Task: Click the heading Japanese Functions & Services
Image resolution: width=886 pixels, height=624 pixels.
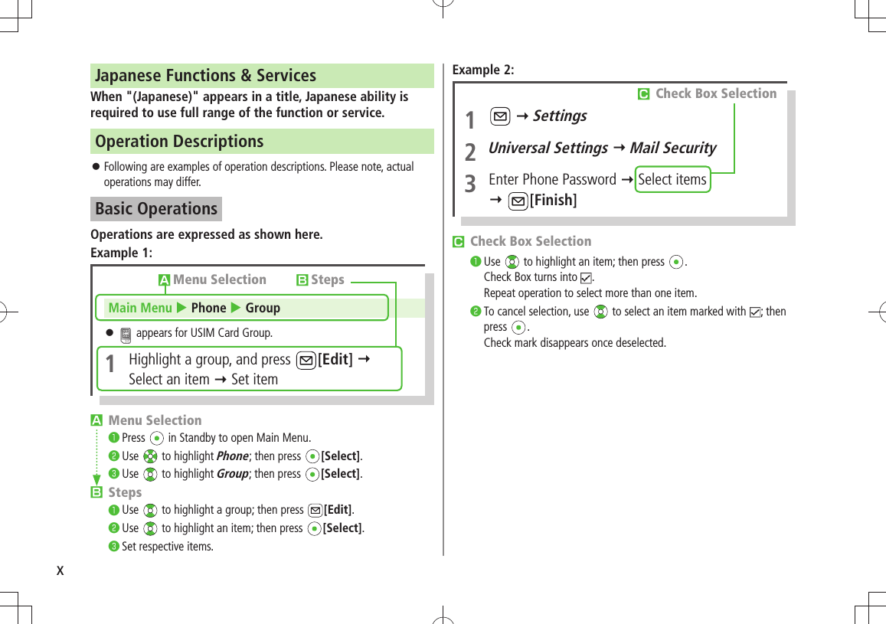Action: [205, 76]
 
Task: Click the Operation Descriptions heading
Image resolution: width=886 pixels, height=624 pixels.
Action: [179, 142]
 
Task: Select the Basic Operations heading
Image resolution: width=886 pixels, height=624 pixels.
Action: [156, 209]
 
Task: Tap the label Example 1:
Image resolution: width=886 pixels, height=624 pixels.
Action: [121, 253]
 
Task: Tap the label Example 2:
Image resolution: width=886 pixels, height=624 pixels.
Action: [483, 70]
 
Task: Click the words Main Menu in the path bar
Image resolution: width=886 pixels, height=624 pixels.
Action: [140, 308]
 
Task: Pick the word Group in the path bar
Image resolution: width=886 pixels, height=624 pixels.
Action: [263, 308]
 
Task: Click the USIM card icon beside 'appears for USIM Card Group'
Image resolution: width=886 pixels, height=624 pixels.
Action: [126, 334]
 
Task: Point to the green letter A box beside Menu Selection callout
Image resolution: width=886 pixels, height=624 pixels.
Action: [164, 280]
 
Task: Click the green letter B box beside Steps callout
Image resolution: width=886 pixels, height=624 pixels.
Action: [302, 280]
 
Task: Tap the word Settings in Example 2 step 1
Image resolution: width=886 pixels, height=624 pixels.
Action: [560, 116]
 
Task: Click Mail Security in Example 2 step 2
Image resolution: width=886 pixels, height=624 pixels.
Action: [672, 149]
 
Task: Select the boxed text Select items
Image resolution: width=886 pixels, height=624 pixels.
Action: [672, 180]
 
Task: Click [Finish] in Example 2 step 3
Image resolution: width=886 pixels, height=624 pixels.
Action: [553, 201]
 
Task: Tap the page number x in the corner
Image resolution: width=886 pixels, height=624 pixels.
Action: [60, 571]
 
